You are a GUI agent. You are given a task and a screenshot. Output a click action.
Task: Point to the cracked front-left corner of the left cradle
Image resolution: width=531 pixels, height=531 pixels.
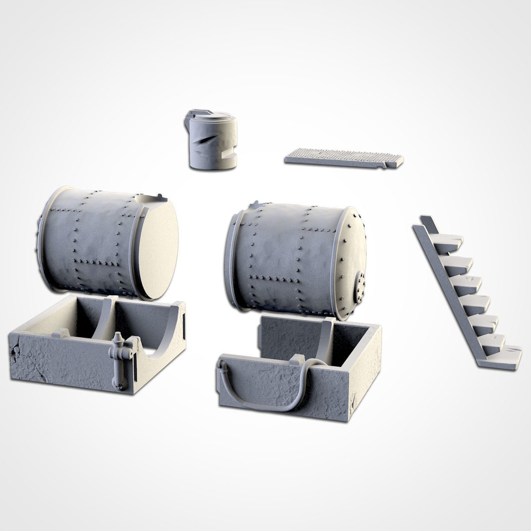tap(18, 354)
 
